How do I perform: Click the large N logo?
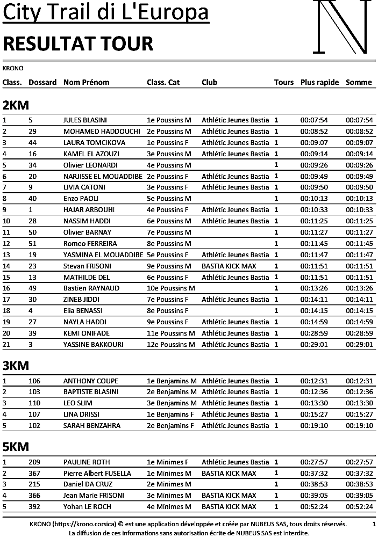[x=342, y=27]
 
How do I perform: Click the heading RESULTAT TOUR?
[x=78, y=43]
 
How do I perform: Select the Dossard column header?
[x=42, y=82]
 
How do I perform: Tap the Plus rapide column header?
[x=319, y=82]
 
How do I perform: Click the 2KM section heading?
[x=16, y=105]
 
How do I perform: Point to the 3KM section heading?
[x=16, y=366]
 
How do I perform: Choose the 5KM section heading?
[x=16, y=447]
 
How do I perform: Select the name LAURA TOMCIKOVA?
[x=94, y=143]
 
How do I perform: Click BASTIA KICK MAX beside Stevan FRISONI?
[x=229, y=266]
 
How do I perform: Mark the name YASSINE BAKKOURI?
[x=94, y=344]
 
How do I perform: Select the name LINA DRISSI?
[x=83, y=415]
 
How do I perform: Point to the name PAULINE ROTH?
[x=87, y=462]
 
